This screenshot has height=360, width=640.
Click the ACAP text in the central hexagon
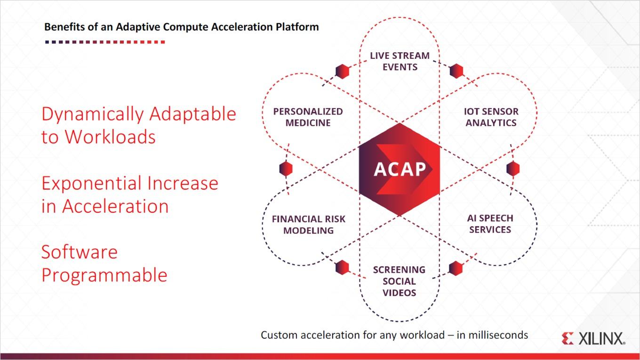tap(400, 169)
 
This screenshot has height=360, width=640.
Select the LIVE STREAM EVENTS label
tap(400, 61)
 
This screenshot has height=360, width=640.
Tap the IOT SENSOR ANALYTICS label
tap(491, 117)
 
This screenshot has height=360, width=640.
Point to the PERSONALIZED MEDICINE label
tap(308, 117)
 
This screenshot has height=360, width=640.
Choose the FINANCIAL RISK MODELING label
tap(309, 224)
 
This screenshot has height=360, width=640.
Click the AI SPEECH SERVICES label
tap(490, 224)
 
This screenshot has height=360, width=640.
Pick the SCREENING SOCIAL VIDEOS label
tap(399, 281)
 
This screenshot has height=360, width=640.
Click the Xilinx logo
tap(593, 338)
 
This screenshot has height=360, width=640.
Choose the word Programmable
tap(104, 276)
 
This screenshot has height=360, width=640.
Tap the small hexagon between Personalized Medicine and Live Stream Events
tap(342, 71)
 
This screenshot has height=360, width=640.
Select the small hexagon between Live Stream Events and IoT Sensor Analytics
tap(456, 71)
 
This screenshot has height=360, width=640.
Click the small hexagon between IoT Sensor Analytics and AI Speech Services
tap(513, 168)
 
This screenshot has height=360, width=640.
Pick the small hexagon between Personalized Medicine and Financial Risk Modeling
tap(286, 168)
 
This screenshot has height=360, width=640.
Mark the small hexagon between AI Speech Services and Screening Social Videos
tap(456, 268)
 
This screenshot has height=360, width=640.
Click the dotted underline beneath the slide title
tap(105, 42)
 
